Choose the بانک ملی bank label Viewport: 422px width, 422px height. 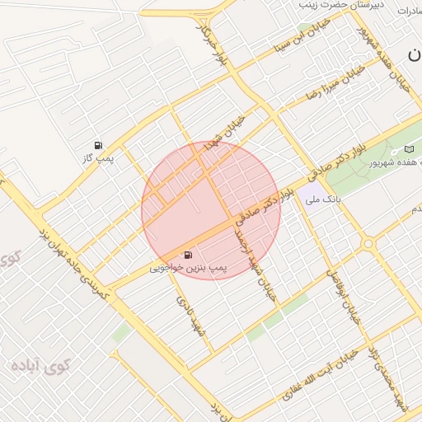322,199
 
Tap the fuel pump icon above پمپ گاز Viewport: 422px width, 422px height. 99,144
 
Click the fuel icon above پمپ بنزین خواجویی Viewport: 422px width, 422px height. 189,255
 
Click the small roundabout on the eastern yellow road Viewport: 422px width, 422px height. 368,244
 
